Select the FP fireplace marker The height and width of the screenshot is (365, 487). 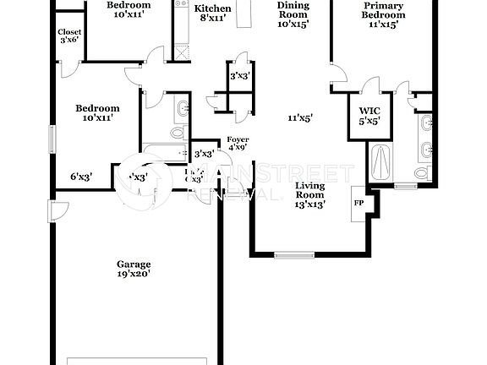(357, 202)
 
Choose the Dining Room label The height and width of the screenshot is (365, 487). (293, 14)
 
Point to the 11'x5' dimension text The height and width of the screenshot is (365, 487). (299, 118)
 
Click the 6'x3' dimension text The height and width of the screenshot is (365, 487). (80, 177)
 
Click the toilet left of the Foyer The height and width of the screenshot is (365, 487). (178, 132)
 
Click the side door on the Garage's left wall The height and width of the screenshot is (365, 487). (56, 211)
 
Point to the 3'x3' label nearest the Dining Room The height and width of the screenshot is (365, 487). (238, 77)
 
